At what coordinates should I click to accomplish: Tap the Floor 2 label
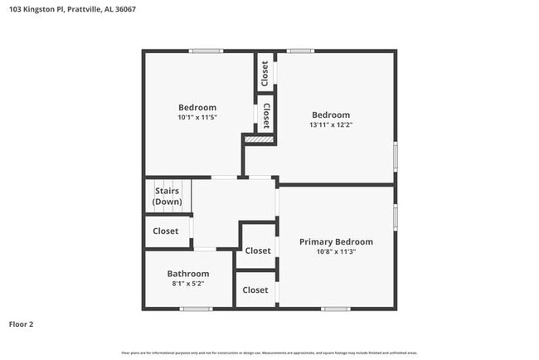click(x=22, y=324)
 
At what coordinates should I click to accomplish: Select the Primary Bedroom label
click(x=336, y=242)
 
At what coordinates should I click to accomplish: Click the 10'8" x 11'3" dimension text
click(x=336, y=253)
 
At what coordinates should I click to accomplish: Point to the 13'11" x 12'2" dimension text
click(x=330, y=126)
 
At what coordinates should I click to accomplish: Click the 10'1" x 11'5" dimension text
click(x=197, y=118)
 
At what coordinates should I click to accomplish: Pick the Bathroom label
click(x=188, y=273)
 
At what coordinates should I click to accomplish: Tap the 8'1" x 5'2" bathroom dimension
click(x=188, y=284)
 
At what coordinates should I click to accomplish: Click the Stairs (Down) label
click(x=168, y=197)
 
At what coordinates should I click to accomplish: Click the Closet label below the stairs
click(x=166, y=231)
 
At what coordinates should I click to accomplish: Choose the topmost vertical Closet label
click(x=265, y=74)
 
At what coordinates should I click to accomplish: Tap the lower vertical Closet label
click(x=266, y=115)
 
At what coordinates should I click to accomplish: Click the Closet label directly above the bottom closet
click(x=258, y=251)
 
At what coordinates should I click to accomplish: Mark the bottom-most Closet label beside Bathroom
click(x=255, y=290)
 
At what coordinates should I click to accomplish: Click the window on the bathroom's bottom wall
click(x=196, y=309)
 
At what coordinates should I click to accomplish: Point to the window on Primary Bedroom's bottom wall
click(x=336, y=309)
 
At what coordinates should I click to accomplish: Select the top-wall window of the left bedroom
click(x=205, y=51)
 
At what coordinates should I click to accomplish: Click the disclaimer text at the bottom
click(x=269, y=353)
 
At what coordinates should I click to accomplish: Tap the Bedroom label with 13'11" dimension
click(x=330, y=115)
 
